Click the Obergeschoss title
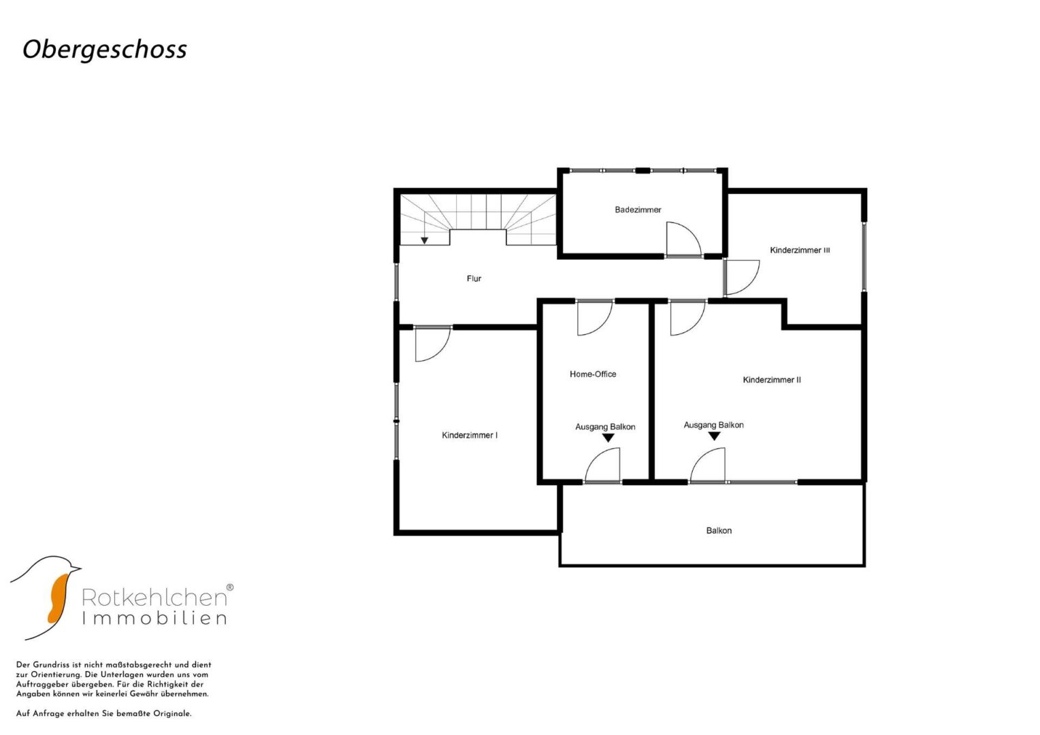[104, 50]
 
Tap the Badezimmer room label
[638, 210]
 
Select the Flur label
[474, 278]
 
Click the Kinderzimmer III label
[800, 250]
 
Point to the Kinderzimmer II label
[772, 380]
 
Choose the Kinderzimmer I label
[470, 436]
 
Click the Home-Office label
[593, 374]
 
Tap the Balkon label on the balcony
[719, 531]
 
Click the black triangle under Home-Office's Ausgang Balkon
[608, 438]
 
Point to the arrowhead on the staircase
[424, 240]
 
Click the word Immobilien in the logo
[155, 619]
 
